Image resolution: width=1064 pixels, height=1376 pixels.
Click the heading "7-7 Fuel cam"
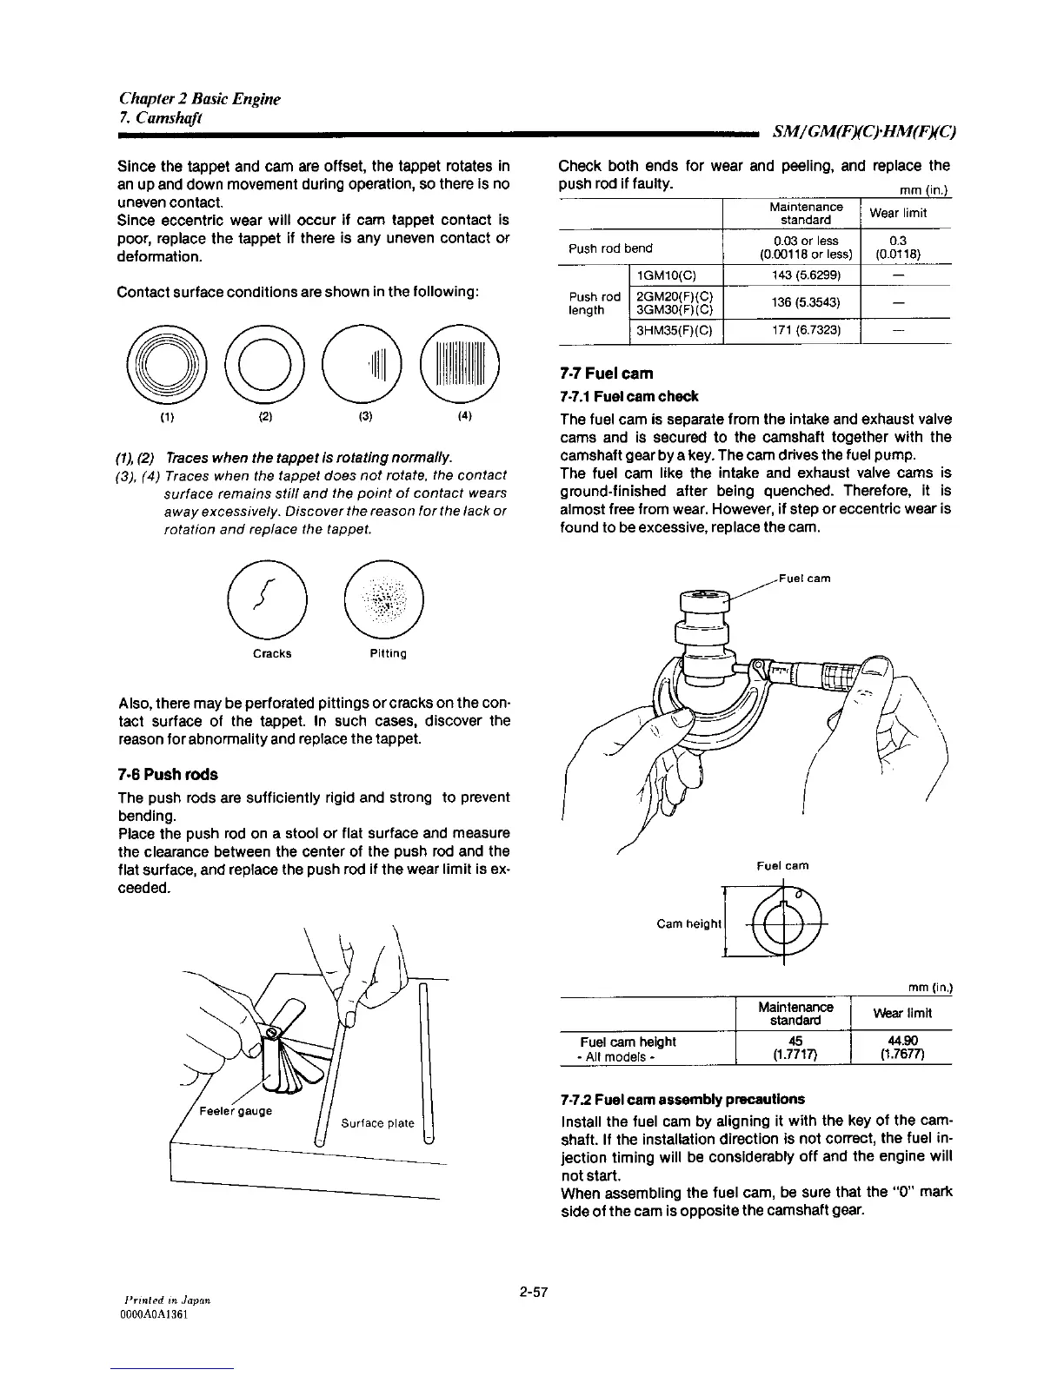[x=607, y=374]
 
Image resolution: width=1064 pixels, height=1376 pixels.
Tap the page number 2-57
[x=533, y=1293]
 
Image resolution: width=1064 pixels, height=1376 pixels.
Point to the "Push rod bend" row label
[x=610, y=248]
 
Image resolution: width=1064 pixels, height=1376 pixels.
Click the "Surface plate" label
[x=377, y=1122]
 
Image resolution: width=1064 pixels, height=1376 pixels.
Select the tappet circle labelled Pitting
[x=383, y=597]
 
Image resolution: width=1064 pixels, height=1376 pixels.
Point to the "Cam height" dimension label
[x=689, y=923]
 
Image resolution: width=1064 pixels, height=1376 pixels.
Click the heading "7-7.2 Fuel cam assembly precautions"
[x=683, y=1098]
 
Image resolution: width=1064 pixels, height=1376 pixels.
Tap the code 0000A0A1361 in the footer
[x=153, y=1315]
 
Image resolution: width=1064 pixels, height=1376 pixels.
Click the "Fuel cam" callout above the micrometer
[x=803, y=578]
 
